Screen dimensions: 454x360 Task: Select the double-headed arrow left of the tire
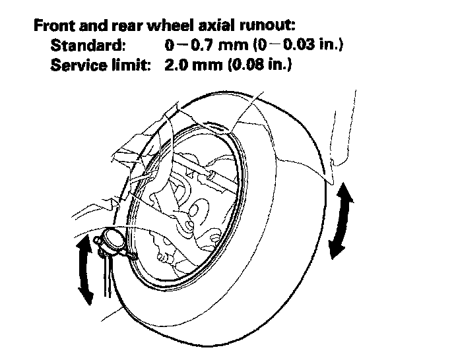tap(84, 271)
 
